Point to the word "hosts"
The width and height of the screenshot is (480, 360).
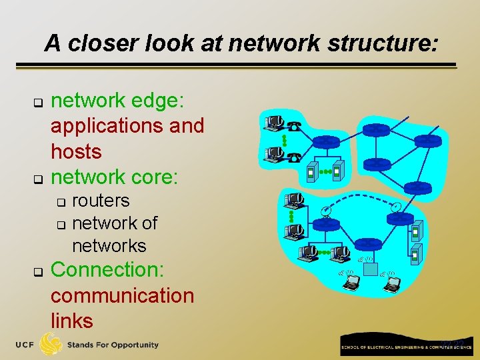[x=76, y=151]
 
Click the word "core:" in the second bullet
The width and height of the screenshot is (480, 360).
[x=156, y=177]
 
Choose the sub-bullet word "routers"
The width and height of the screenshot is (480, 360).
[x=101, y=201]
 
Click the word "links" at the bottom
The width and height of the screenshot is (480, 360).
[x=71, y=321]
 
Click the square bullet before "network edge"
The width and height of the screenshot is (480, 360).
[x=38, y=104]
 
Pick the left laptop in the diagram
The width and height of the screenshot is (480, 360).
[x=351, y=283]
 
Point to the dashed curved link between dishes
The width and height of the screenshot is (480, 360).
[x=360, y=198]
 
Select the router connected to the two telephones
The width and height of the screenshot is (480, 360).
[x=327, y=141]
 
